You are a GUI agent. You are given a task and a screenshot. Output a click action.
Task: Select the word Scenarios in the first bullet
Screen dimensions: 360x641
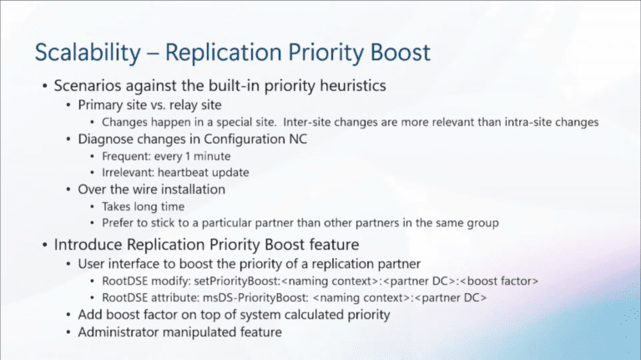90,86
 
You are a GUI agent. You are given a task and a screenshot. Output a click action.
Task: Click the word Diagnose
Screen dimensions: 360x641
108,139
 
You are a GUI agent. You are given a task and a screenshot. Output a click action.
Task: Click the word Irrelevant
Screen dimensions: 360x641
128,172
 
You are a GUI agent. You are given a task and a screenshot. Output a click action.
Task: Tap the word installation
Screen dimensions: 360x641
188,189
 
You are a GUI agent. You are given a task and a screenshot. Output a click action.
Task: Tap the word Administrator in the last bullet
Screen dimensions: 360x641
119,332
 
